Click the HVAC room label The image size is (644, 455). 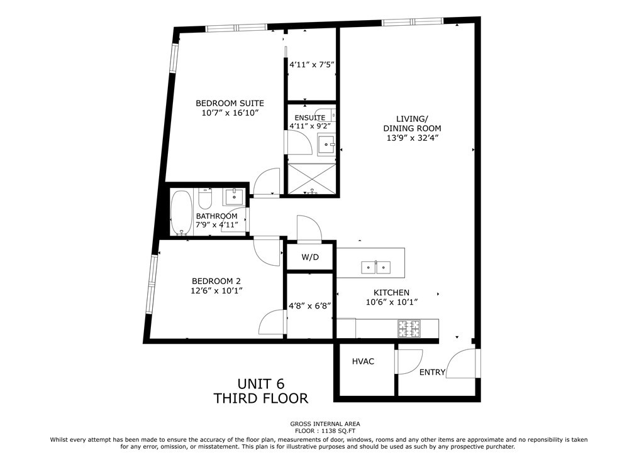coord(363,361)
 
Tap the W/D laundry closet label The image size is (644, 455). coord(310,257)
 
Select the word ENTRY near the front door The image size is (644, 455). coord(432,372)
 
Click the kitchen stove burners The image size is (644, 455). coord(409,328)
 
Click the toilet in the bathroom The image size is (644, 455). coord(204,199)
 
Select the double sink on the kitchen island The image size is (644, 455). coord(376,267)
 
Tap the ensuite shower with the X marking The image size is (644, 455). coord(312,178)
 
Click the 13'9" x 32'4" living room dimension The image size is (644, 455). coord(413,138)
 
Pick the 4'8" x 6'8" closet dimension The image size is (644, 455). coord(310,305)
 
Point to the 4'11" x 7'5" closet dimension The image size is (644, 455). coord(312,64)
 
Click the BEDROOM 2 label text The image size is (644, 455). coord(216,281)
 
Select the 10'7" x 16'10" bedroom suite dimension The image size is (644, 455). coord(230,112)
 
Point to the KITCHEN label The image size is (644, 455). coord(391,292)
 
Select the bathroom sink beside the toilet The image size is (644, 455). coord(234,197)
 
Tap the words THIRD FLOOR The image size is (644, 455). coord(261,398)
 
